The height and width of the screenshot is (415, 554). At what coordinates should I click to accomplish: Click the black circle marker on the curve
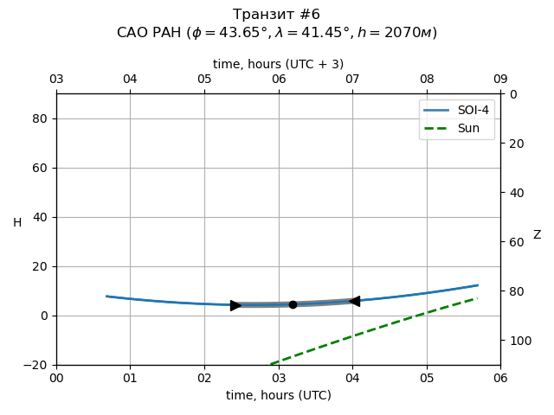pyautogui.click(x=293, y=304)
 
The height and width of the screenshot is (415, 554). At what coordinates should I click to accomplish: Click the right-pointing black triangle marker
pyautogui.click(x=235, y=305)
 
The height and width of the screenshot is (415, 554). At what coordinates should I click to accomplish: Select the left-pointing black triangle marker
pyautogui.click(x=354, y=301)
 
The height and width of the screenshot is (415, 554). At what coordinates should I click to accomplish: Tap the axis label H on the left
pyautogui.click(x=17, y=223)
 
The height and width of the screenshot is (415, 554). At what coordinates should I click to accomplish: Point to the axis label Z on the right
pyautogui.click(x=537, y=235)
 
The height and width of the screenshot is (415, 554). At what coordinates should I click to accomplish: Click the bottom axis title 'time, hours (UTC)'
pyautogui.click(x=278, y=395)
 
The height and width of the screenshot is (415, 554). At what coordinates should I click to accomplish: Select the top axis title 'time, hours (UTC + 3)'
pyautogui.click(x=278, y=64)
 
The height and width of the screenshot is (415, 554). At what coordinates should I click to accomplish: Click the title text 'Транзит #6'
pyautogui.click(x=276, y=15)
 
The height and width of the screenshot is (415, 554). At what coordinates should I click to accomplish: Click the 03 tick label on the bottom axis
pyautogui.click(x=278, y=378)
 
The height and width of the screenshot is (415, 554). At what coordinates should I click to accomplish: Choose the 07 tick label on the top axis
pyautogui.click(x=352, y=80)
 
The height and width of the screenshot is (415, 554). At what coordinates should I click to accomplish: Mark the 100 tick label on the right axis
pyautogui.click(x=518, y=341)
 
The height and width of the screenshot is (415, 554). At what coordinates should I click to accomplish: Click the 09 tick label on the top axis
pyautogui.click(x=500, y=80)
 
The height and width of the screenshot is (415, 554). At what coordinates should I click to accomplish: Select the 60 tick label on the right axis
pyautogui.click(x=514, y=242)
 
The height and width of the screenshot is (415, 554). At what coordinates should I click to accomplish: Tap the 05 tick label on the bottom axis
pyautogui.click(x=426, y=378)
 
